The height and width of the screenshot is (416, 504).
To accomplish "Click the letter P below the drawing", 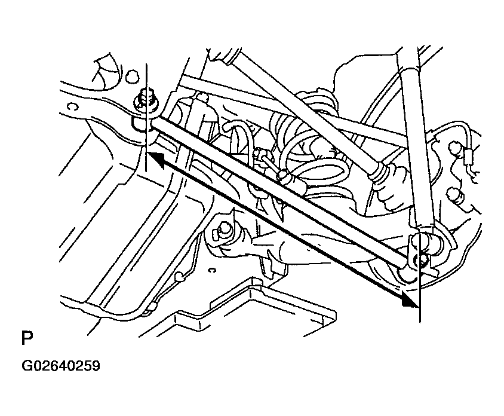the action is tap(27, 338).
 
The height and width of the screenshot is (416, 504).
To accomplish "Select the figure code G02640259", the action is tap(61, 366).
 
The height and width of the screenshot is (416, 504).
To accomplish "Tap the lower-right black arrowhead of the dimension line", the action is tap(410, 299).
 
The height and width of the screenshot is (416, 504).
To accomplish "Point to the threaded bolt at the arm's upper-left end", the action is tap(146, 100).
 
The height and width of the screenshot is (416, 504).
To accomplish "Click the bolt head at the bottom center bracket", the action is tap(222, 231).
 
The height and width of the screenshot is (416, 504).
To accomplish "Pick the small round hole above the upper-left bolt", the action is tap(132, 77).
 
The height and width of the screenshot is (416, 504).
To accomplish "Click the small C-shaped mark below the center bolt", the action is tap(211, 270).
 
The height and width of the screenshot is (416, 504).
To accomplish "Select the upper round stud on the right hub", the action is tap(454, 148).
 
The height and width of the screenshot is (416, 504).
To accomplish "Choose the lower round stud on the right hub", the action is tap(455, 194).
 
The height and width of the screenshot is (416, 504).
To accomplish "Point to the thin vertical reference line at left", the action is tap(146, 118).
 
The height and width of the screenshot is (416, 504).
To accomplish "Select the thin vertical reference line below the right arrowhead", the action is tap(419, 305).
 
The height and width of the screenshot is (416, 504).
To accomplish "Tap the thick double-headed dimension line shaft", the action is tap(282, 229).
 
